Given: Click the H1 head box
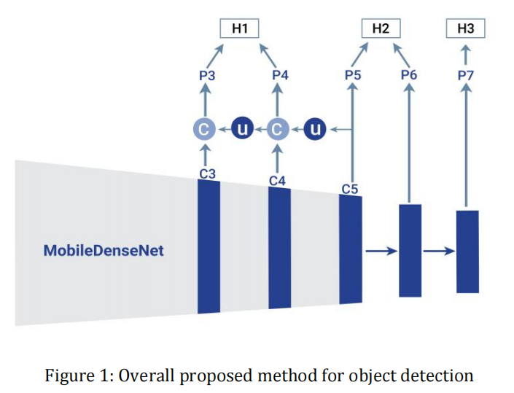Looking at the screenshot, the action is (239, 28).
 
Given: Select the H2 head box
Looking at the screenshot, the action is (381, 28).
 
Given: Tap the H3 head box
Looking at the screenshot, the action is (465, 28).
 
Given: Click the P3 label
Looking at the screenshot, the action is (207, 76).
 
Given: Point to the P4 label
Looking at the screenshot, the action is (280, 75).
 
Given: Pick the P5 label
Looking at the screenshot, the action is (353, 75).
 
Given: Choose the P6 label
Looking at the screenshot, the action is (409, 74).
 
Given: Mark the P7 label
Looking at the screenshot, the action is (465, 76).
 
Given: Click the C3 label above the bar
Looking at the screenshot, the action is (208, 174).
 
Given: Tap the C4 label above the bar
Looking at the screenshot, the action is (277, 181).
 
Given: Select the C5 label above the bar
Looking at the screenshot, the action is (350, 189).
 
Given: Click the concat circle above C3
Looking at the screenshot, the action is (204, 129).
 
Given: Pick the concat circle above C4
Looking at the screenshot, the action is (278, 129).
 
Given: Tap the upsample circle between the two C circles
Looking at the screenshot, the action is (243, 128).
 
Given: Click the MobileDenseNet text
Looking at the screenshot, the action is (104, 251).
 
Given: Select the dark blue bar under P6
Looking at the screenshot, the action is (410, 251).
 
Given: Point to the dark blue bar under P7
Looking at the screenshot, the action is (467, 252).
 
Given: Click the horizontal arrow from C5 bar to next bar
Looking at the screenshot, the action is (381, 251).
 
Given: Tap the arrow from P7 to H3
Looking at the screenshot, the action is (466, 55).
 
